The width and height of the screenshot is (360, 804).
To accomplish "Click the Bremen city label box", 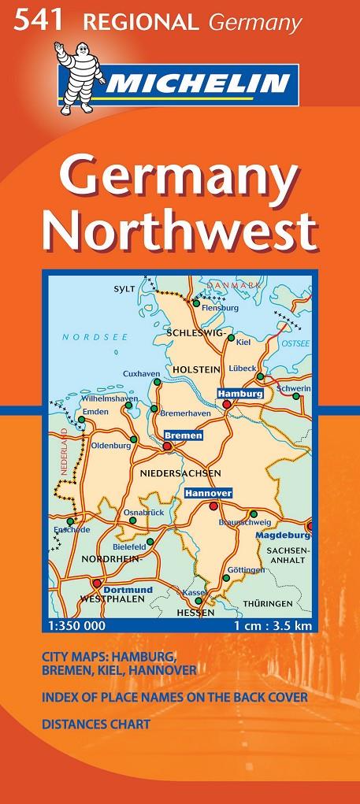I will tap(184, 435).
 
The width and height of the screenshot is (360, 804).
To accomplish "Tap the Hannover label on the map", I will tap(208, 493).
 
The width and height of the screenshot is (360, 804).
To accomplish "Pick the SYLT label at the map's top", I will tap(124, 289).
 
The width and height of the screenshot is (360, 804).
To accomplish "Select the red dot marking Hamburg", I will tap(227, 404).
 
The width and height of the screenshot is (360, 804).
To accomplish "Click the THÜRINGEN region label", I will tap(290, 603).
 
